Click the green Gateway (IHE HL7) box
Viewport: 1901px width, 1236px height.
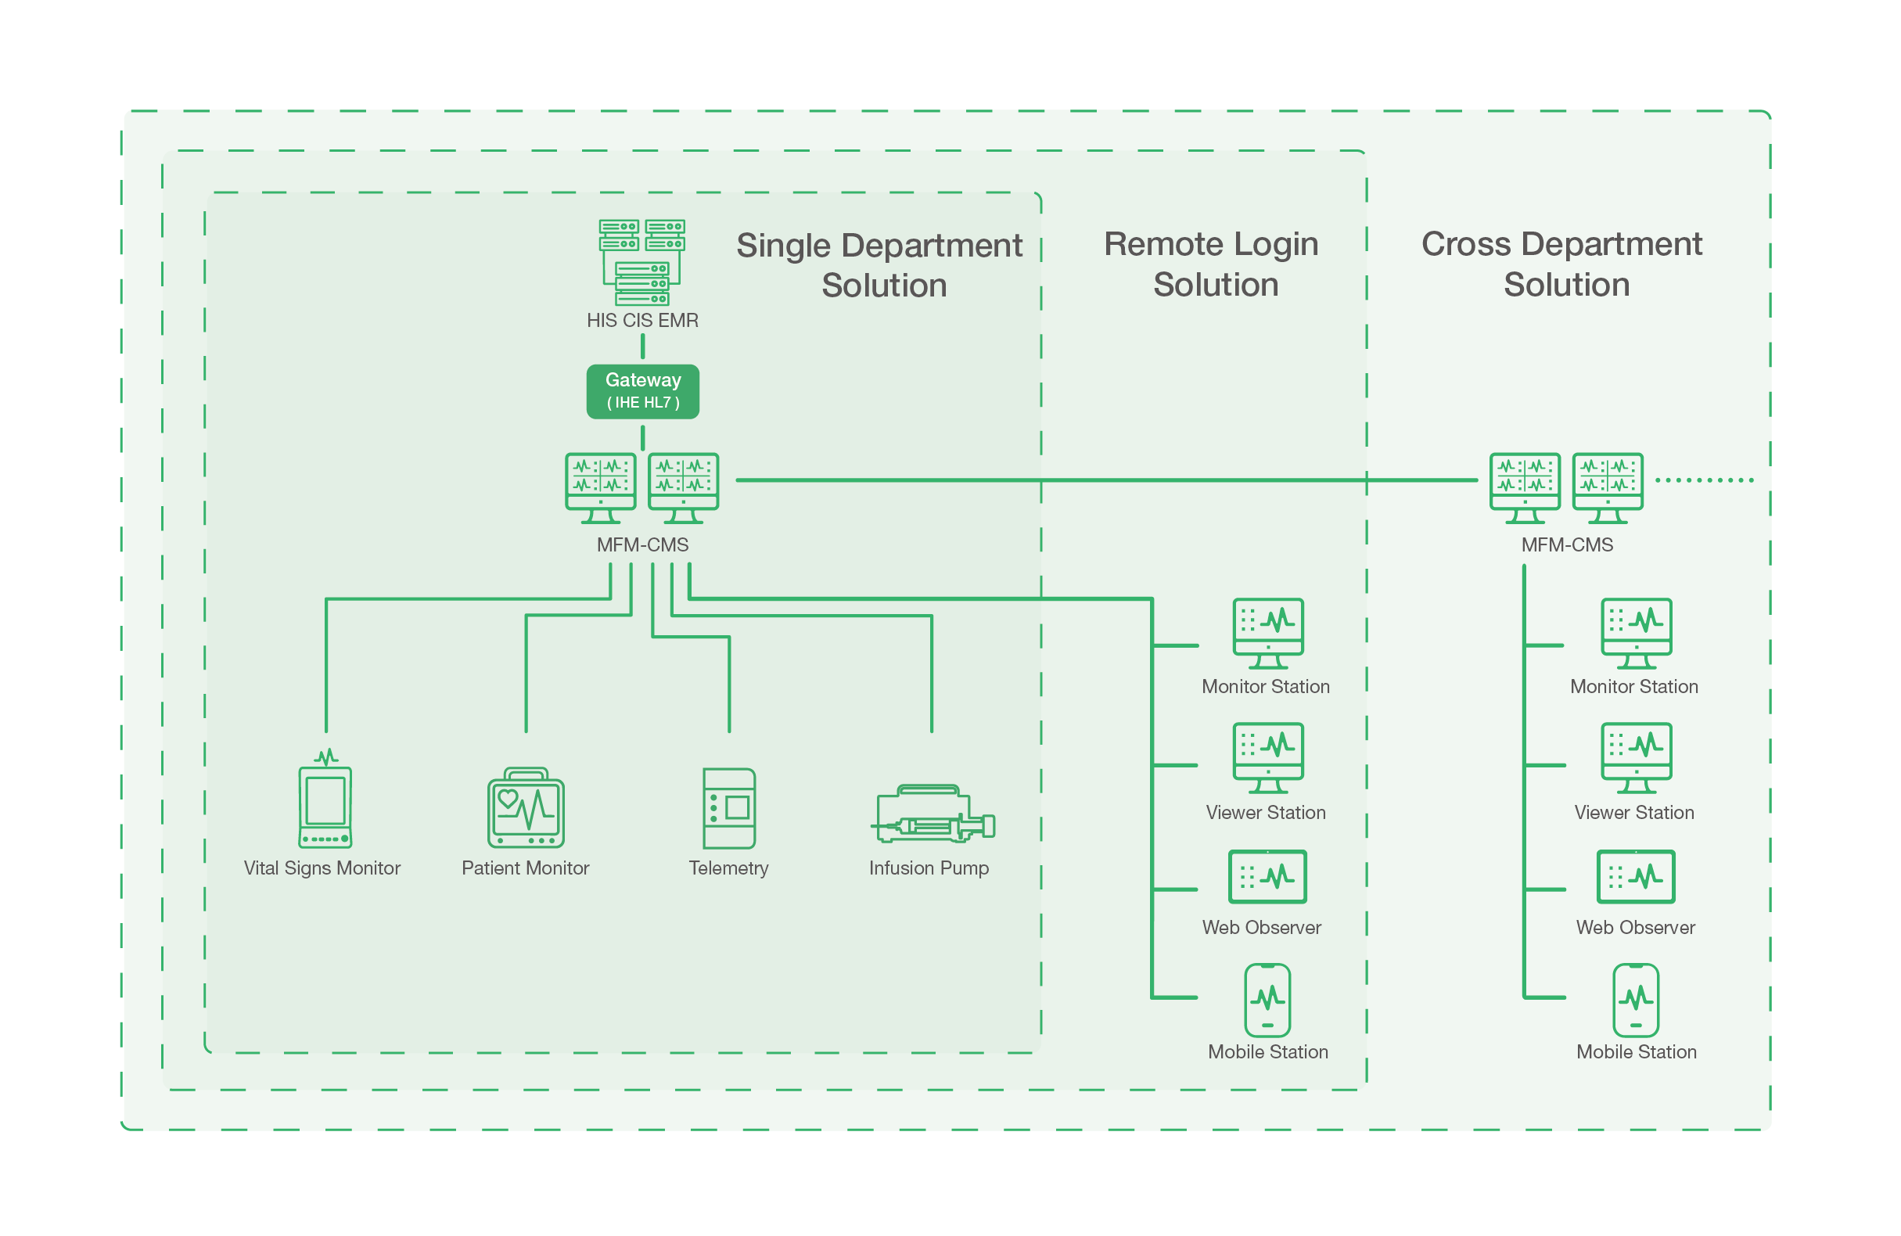(x=642, y=391)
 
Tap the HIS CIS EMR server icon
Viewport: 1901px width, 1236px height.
(x=642, y=262)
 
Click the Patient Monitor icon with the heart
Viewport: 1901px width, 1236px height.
(x=526, y=809)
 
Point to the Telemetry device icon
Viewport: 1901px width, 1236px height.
(x=728, y=808)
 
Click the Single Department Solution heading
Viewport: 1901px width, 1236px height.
(x=879, y=265)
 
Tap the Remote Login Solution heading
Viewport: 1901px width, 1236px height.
(x=1212, y=264)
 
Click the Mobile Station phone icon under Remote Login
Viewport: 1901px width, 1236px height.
(x=1267, y=1000)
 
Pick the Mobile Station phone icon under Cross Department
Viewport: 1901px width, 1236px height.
(x=1636, y=1000)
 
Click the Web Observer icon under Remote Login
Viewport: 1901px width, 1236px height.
(x=1267, y=876)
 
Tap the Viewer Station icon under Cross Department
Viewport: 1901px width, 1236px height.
(x=1636, y=756)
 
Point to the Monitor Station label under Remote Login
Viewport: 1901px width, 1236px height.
(x=1265, y=686)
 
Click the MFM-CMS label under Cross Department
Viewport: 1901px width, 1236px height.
(x=1566, y=545)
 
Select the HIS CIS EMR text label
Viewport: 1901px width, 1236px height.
(x=642, y=321)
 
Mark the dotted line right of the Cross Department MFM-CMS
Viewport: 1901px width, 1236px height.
(x=1705, y=480)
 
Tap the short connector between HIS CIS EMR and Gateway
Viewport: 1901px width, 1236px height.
(x=642, y=347)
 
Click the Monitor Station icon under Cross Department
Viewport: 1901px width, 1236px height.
(x=1636, y=632)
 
